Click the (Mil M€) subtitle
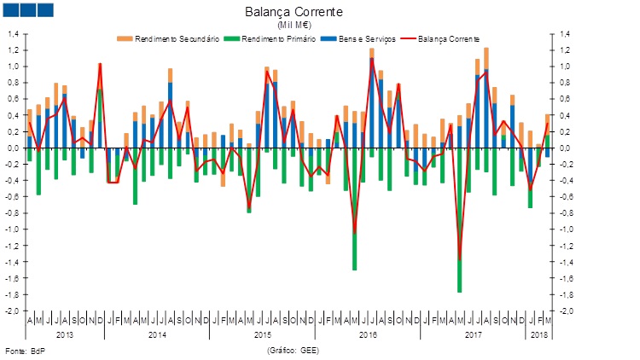click(294, 26)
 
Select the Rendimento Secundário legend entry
click(175, 39)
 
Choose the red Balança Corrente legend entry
click(445, 39)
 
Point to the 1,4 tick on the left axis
click(14, 34)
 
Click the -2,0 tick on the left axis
click(13, 311)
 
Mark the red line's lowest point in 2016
click(355, 232)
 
